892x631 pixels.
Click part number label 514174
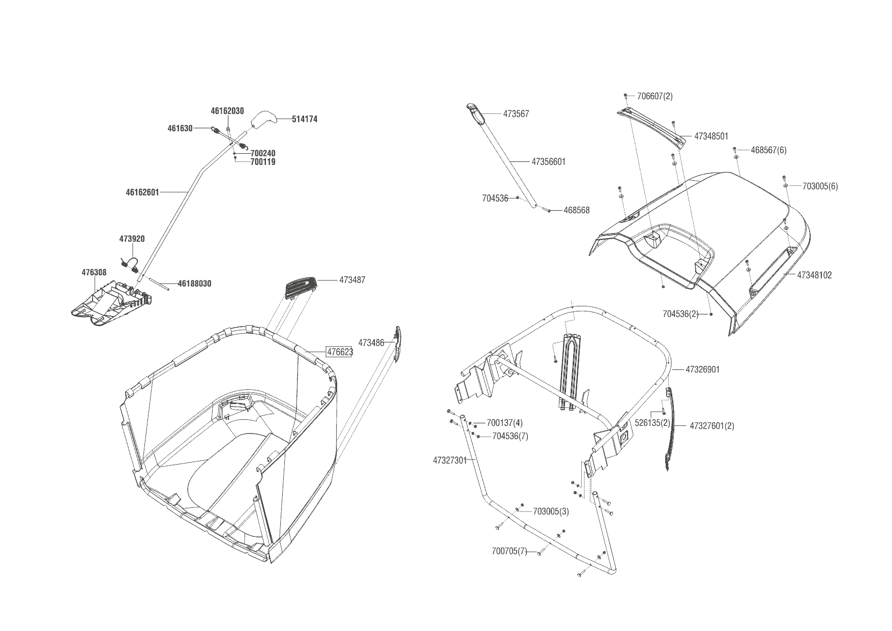305,119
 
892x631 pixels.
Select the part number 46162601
142,192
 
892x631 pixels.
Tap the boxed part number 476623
339,352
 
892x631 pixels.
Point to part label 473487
352,280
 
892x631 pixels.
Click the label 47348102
814,275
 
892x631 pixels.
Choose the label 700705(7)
510,551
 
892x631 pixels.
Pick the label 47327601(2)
712,426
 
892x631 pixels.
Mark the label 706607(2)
655,96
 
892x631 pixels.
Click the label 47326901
702,369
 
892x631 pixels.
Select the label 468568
576,210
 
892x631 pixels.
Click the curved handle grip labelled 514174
264,120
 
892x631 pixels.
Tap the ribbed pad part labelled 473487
301,287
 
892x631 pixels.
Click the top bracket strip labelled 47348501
652,127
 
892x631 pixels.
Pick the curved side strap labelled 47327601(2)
670,427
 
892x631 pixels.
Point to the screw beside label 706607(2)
626,96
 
